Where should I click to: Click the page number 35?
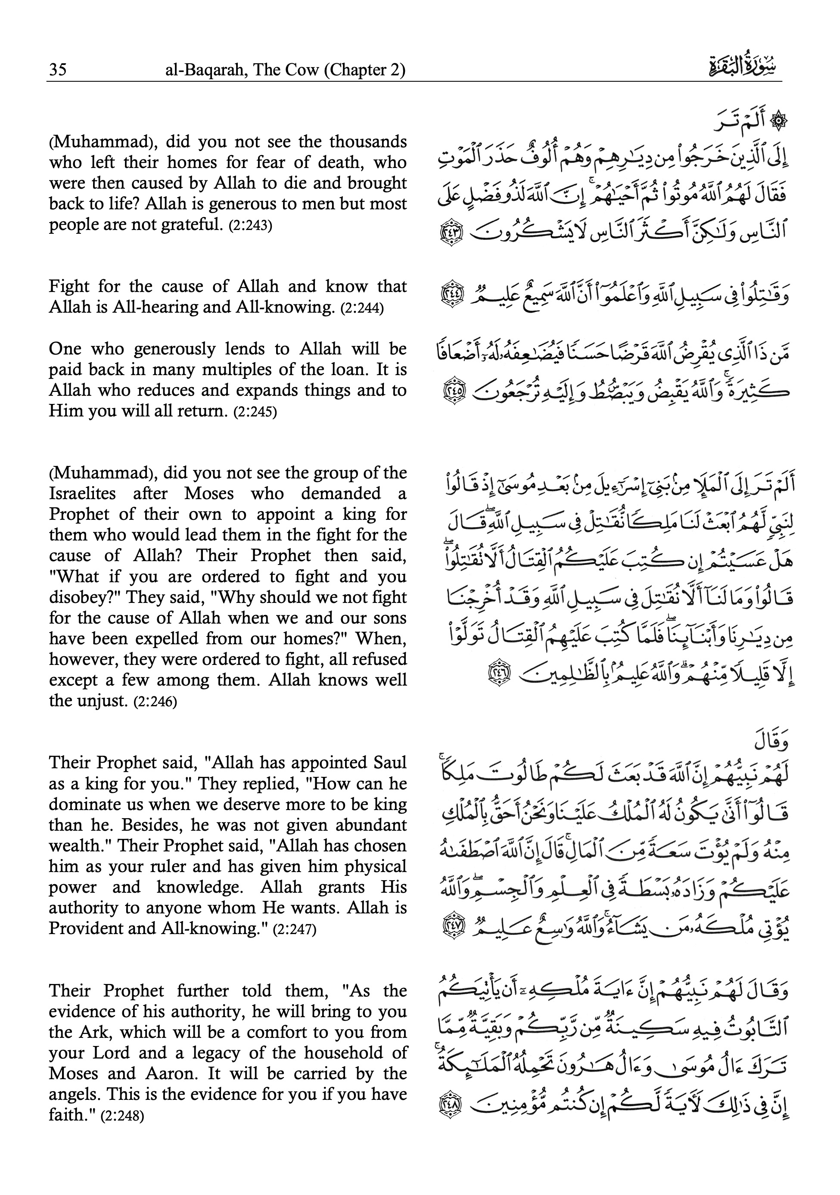pyautogui.click(x=58, y=69)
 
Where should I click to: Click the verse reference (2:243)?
pyautogui.click(x=250, y=226)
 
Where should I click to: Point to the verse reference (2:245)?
pyautogui.click(x=255, y=412)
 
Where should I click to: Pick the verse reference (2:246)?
pyautogui.click(x=155, y=702)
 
